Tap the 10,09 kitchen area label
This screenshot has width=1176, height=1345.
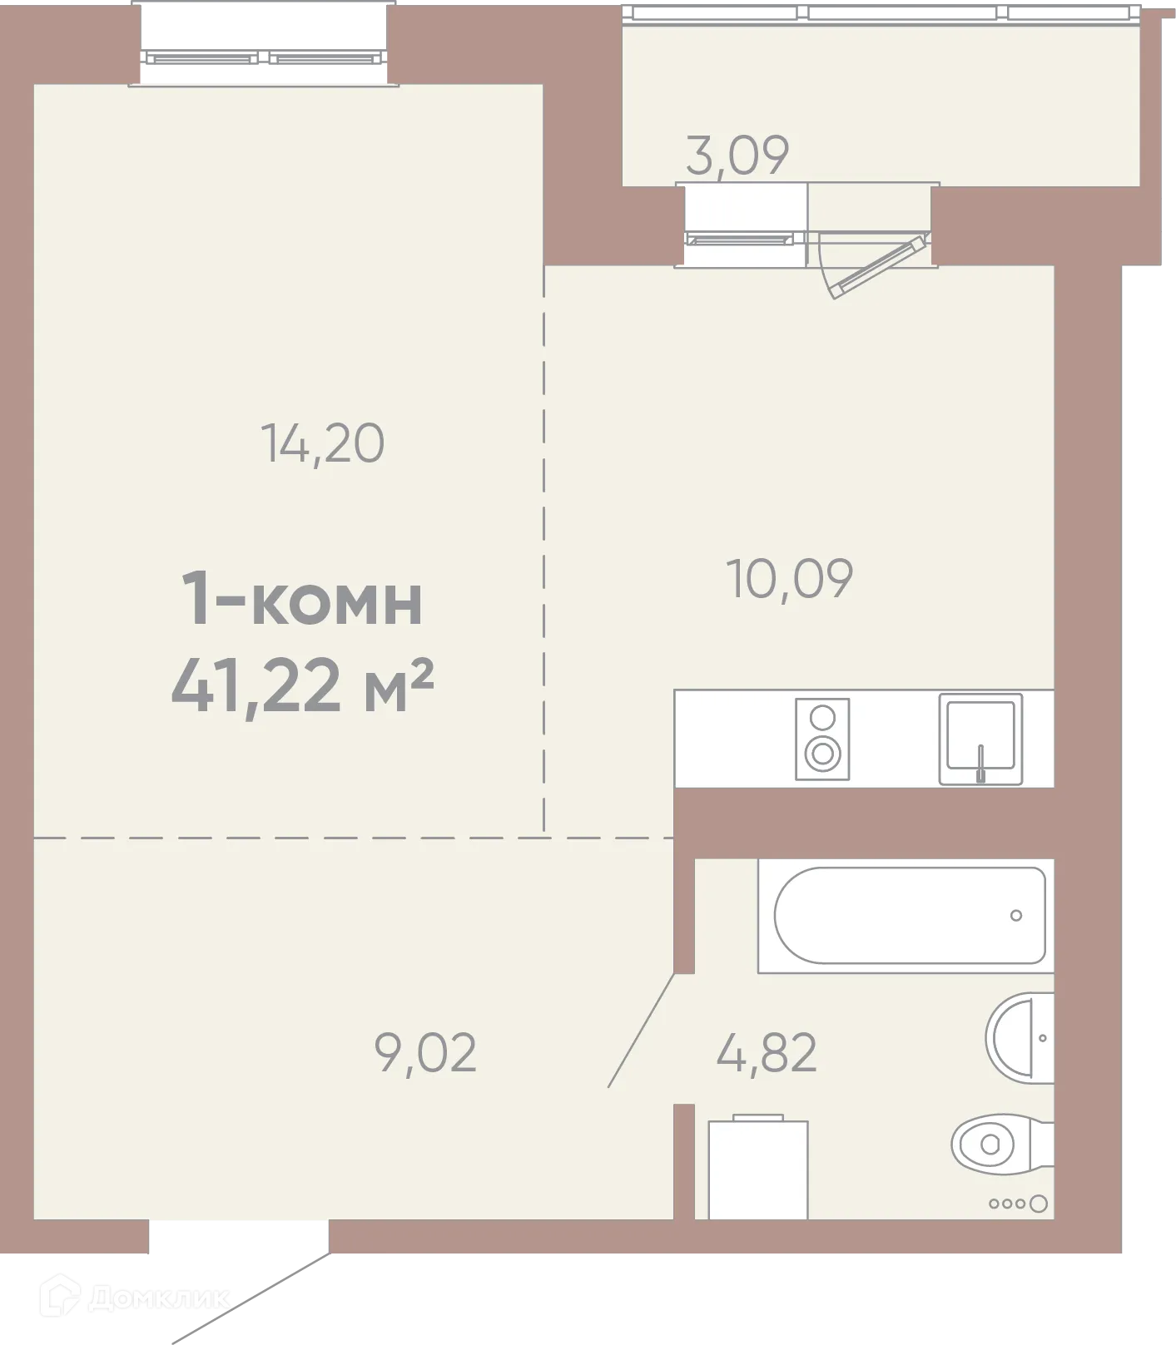point(790,579)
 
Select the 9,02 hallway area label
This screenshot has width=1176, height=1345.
point(425,1052)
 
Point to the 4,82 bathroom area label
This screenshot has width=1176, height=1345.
point(766,1052)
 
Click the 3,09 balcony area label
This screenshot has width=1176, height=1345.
point(737,156)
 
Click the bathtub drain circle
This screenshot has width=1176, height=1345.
point(1015,916)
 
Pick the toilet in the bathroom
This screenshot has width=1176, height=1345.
point(999,1144)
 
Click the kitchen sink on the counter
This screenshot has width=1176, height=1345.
point(980,738)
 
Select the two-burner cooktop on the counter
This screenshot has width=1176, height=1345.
point(822,739)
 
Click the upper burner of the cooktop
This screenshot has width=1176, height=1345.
point(822,718)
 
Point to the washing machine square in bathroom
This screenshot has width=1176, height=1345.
point(757,1169)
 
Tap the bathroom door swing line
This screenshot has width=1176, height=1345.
point(641,1030)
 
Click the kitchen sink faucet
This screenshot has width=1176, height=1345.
point(980,763)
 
